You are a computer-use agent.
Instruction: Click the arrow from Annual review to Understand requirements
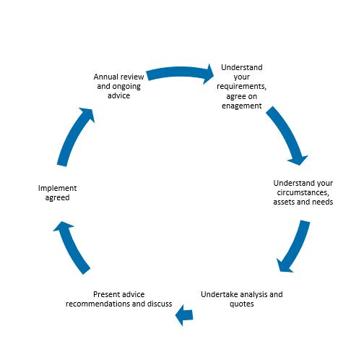click(x=179, y=72)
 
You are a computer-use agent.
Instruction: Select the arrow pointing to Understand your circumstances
click(x=287, y=134)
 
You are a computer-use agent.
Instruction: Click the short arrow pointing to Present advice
click(x=184, y=315)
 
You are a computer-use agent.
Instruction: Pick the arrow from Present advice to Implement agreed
click(x=70, y=247)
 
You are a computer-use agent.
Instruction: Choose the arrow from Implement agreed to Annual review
click(x=74, y=136)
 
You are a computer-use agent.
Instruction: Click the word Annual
click(x=105, y=77)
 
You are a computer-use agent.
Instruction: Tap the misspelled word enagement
click(x=242, y=106)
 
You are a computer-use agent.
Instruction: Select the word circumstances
click(x=303, y=192)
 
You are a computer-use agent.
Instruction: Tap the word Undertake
click(x=220, y=294)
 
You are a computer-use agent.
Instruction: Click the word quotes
click(x=242, y=304)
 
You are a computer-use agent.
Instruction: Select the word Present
click(x=107, y=294)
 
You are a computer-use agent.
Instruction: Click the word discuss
click(x=160, y=304)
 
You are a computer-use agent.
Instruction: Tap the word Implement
click(x=57, y=188)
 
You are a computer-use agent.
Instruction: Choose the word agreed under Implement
click(x=57, y=198)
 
